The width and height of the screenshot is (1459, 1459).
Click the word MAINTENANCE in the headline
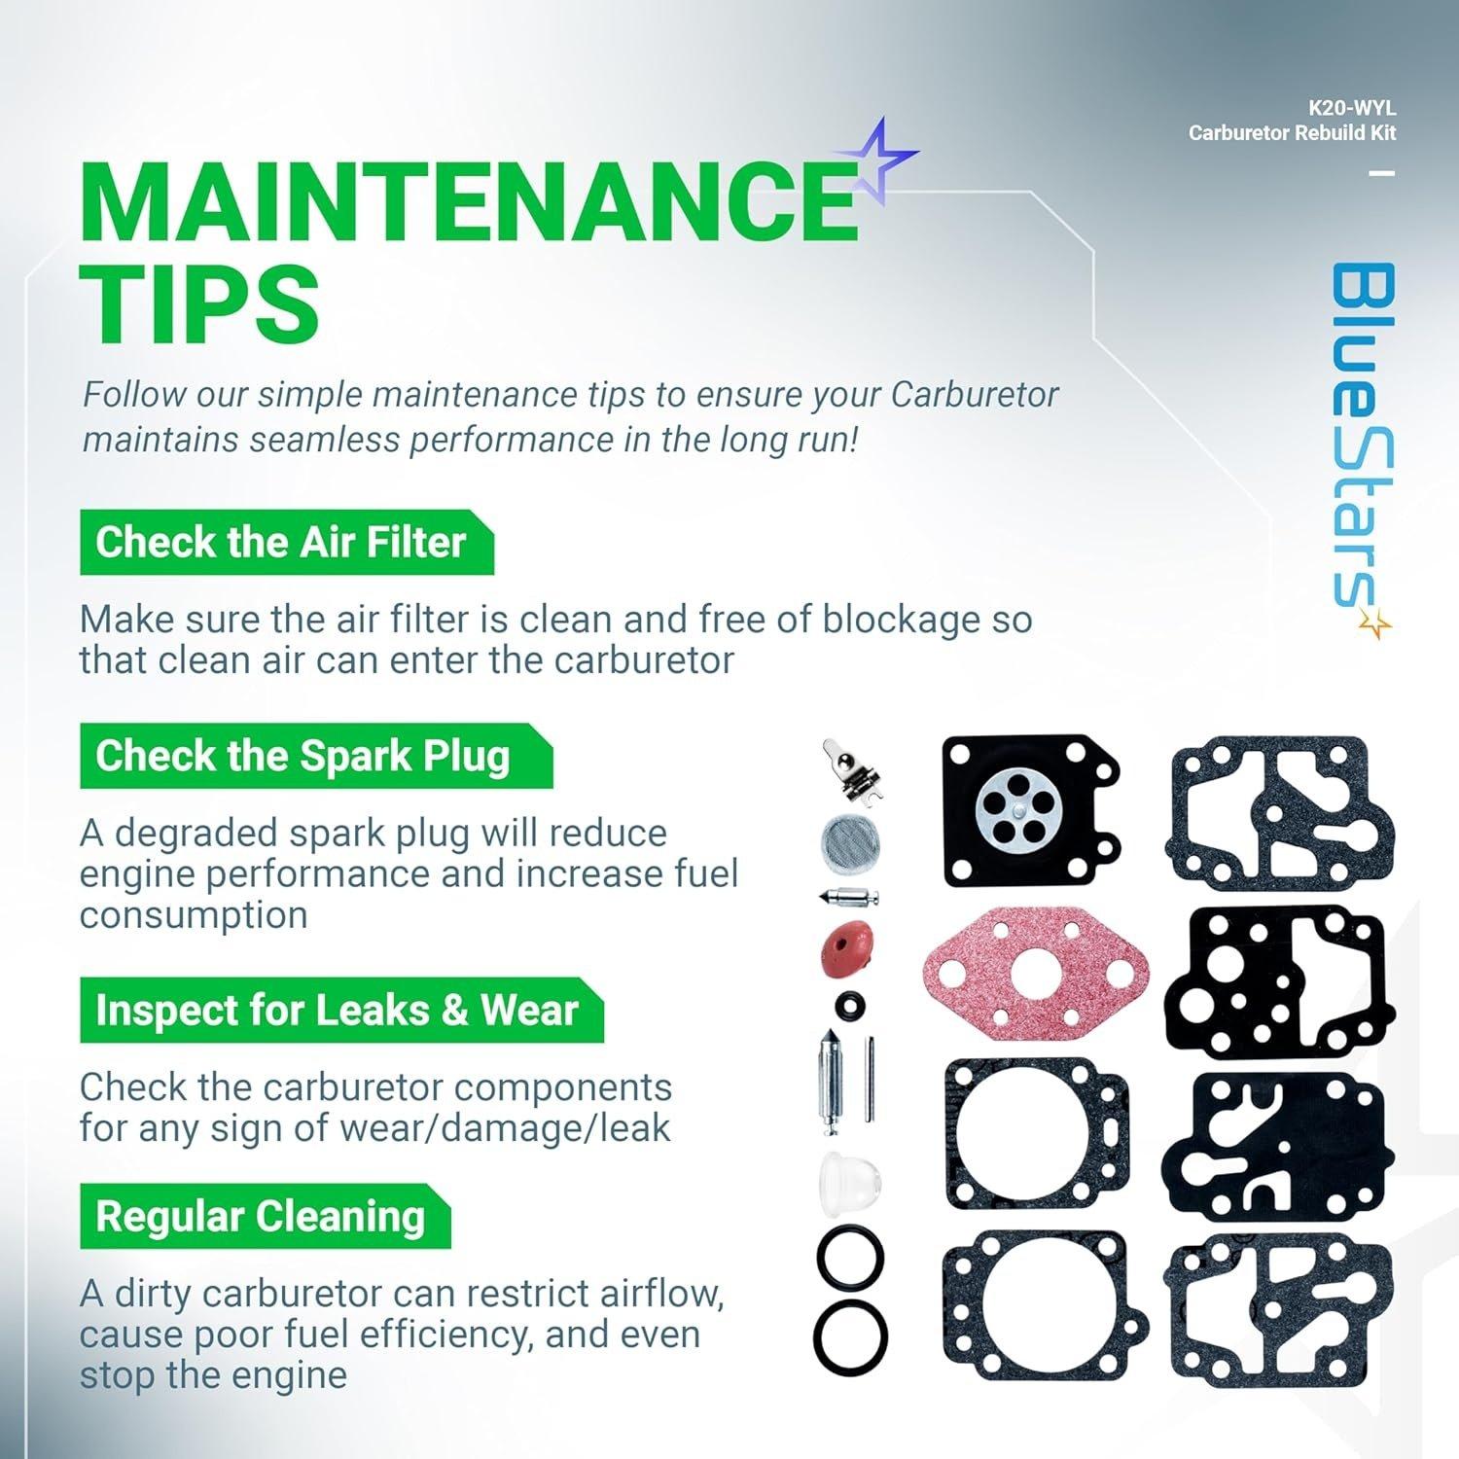(470, 201)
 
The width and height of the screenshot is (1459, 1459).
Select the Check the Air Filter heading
(281, 542)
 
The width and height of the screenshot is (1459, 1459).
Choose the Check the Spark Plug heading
(302, 756)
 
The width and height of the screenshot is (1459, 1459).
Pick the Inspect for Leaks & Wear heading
(337, 1010)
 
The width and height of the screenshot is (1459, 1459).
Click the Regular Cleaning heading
(261, 1216)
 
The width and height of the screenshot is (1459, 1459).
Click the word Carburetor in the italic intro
(975, 396)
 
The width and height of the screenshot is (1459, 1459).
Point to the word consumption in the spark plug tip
(194, 915)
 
